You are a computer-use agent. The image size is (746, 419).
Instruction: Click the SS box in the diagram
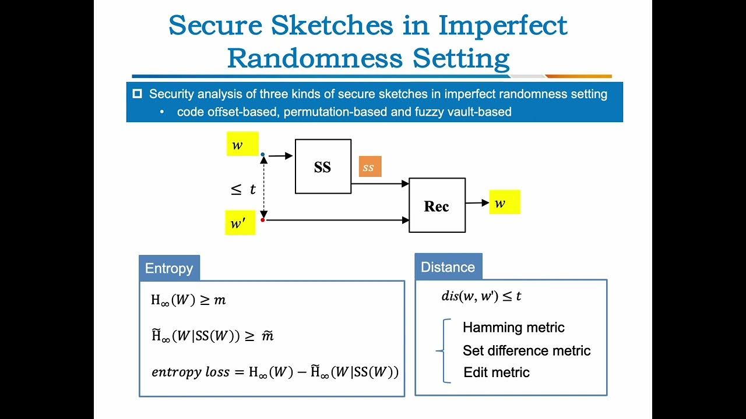(x=323, y=166)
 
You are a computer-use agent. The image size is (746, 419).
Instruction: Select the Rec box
(x=437, y=205)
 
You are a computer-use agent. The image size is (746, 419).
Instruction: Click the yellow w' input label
(x=240, y=223)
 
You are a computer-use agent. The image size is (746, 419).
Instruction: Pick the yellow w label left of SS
(x=242, y=144)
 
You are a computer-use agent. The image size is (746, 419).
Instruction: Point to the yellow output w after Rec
(x=504, y=203)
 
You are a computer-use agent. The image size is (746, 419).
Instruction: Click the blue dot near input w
(x=263, y=155)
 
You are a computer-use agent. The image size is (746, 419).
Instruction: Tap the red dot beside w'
(x=263, y=220)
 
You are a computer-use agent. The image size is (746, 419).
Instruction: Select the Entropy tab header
(x=169, y=268)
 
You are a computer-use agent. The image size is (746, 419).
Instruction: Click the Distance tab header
(x=448, y=267)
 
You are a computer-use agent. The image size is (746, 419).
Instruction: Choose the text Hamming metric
(x=513, y=328)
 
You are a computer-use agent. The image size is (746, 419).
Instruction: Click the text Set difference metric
(x=526, y=350)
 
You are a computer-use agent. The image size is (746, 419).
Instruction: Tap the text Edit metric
(x=497, y=372)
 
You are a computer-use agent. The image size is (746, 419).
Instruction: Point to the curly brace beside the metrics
(x=444, y=350)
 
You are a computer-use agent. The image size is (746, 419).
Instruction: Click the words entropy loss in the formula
(x=191, y=372)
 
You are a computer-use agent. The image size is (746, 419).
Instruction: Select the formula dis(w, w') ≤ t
(x=481, y=296)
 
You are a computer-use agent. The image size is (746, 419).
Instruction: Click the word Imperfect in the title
(x=502, y=25)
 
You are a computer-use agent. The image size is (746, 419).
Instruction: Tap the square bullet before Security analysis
(x=138, y=94)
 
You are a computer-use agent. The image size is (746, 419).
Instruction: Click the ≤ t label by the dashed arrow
(x=244, y=190)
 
